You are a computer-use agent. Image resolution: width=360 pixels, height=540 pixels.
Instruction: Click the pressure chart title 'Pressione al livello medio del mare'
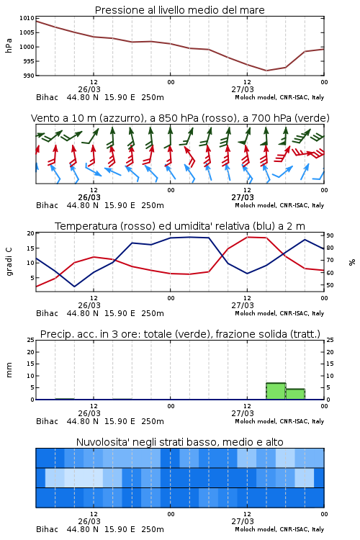point(179,10)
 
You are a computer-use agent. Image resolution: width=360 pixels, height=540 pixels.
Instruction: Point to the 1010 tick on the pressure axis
point(29,18)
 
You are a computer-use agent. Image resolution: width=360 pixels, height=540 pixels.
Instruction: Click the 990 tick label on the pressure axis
point(29,76)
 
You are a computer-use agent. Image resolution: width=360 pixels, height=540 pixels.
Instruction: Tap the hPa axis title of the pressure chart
point(9,45)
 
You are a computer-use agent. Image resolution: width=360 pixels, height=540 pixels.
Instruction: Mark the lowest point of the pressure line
point(266,71)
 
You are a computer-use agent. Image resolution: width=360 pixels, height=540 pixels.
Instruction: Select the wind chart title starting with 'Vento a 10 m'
point(180,118)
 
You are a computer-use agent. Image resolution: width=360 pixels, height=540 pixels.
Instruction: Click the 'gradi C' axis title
point(9,262)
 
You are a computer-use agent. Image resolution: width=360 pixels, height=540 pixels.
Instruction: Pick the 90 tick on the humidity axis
point(330,235)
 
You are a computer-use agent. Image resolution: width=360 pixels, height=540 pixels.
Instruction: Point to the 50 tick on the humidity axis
point(330,285)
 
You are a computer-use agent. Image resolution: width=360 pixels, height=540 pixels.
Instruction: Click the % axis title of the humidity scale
point(352,262)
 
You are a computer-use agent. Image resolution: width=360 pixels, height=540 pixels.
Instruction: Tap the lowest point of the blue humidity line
point(74,287)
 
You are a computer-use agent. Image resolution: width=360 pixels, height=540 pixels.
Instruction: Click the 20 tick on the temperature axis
point(31,233)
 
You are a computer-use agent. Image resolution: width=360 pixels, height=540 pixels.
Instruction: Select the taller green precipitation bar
point(276,391)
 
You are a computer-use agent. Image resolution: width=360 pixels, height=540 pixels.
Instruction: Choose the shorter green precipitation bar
point(295,395)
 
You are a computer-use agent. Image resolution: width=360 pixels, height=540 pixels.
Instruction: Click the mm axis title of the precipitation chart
point(9,370)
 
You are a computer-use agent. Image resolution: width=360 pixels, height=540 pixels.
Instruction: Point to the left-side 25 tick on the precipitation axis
point(31,340)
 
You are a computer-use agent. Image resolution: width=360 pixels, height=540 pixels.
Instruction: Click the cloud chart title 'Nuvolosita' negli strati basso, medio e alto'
point(179,442)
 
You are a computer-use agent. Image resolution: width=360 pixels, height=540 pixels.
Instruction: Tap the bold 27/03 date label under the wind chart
point(243,197)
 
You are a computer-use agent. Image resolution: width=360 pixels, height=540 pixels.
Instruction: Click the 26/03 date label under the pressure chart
point(89,89)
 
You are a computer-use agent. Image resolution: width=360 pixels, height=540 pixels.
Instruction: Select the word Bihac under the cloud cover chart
point(48,529)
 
